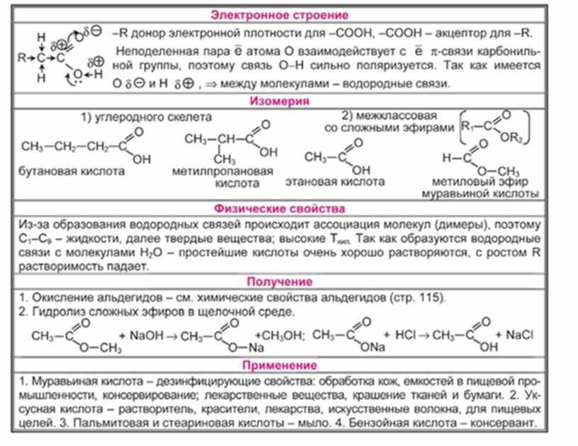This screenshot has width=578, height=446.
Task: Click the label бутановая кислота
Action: (73, 172)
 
